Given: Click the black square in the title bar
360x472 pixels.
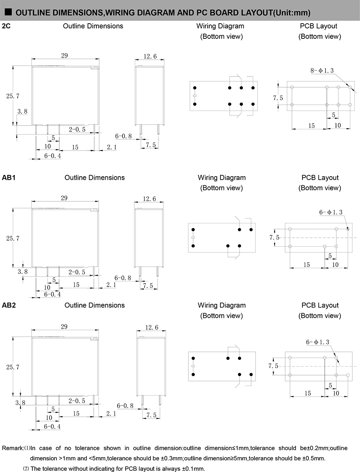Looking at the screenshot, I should pyautogui.click(x=8, y=12).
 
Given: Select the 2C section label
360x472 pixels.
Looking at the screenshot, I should pyautogui.click(x=6, y=26).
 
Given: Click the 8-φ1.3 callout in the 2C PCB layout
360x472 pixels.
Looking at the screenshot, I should pyautogui.click(x=322, y=70).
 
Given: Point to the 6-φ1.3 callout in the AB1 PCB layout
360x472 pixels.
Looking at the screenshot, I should pyautogui.click(x=331, y=213).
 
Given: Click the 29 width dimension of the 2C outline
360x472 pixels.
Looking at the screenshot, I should pyautogui.click(x=64, y=56).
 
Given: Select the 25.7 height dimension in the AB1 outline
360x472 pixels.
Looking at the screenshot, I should pyautogui.click(x=13, y=238).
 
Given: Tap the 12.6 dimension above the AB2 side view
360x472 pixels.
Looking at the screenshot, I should pyautogui.click(x=152, y=328).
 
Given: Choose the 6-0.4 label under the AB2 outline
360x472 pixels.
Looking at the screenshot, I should pyautogui.click(x=52, y=427).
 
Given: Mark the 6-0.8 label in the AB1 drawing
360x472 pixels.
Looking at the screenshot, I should pyautogui.click(x=123, y=278).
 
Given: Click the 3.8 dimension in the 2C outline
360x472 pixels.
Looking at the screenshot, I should pyautogui.click(x=22, y=112).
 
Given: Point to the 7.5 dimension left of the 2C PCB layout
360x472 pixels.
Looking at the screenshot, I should pyautogui.click(x=278, y=98).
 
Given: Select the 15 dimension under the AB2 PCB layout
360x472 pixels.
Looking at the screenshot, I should pyautogui.click(x=307, y=393).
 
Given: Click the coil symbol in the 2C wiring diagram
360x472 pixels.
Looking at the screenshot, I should pyautogui.click(x=195, y=96).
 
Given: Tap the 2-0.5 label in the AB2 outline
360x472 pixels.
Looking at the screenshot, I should pyautogui.click(x=77, y=401).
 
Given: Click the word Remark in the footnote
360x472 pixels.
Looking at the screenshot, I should pyautogui.click(x=12, y=448).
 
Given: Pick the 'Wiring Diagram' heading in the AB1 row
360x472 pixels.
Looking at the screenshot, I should pyautogui.click(x=222, y=178).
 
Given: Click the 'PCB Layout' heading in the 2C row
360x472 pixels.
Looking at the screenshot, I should pyautogui.click(x=319, y=26).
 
